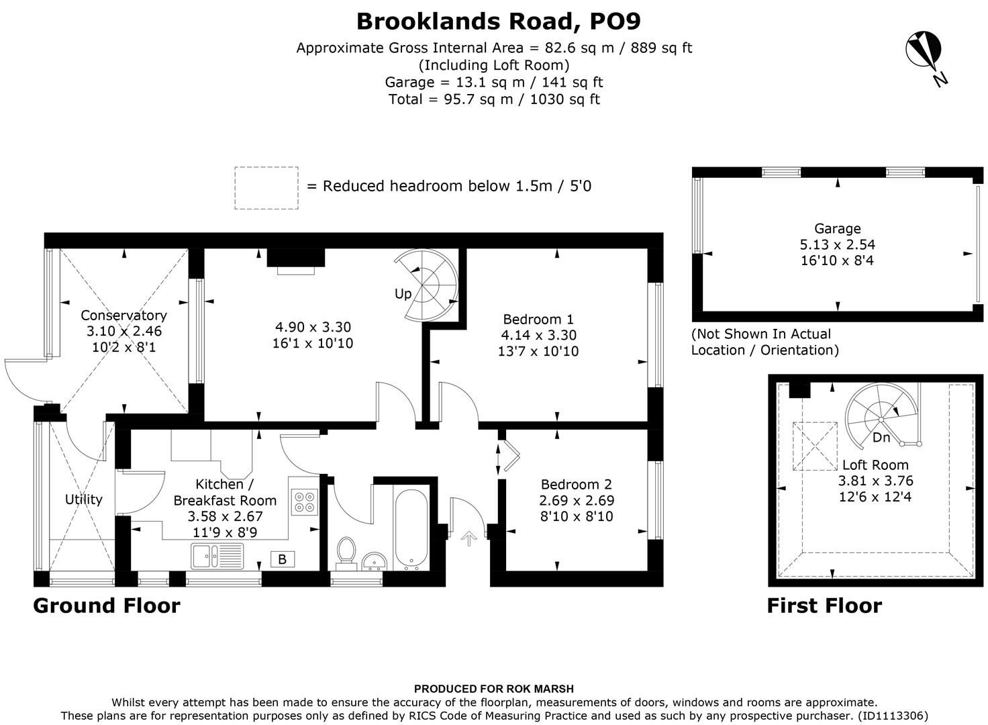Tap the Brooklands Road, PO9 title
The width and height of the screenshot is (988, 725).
498,21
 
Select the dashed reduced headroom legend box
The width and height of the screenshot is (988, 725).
266,188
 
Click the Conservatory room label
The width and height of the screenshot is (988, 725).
123,316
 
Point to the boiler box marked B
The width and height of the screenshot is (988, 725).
282,559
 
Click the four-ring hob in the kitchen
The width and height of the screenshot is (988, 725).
304,503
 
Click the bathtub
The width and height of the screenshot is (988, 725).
410,530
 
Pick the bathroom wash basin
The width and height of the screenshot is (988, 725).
373,561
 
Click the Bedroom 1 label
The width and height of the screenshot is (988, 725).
538,319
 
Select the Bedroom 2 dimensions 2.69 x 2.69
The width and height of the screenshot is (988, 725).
577,501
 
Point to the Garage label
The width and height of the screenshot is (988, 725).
837,228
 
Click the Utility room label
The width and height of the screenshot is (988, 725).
84,499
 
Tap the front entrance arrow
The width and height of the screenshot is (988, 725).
468,536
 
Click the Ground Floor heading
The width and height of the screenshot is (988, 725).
107,606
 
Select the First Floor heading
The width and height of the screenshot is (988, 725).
824,606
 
